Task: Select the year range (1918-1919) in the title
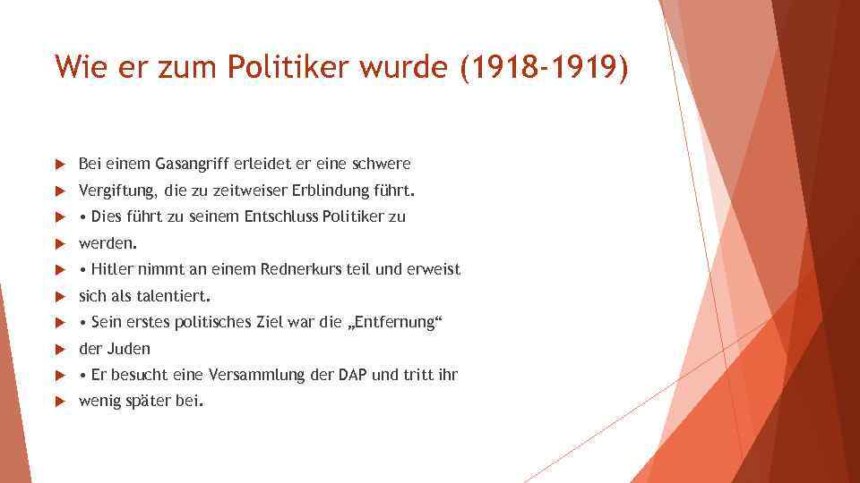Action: [544, 66]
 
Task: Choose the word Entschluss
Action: [280, 216]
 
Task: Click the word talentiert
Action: [172, 296]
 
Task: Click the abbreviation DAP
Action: [352, 375]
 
